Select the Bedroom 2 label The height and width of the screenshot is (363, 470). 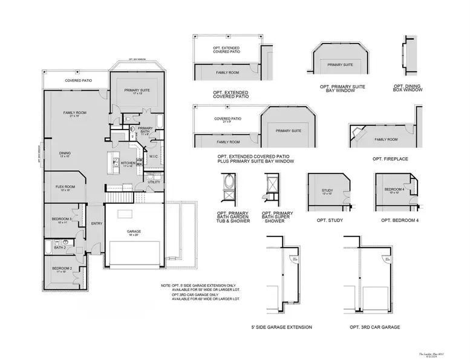(62, 268)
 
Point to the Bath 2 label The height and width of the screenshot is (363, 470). (60, 247)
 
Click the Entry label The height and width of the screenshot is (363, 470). (96, 224)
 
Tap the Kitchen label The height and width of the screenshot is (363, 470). (128, 163)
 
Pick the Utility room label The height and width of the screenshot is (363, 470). (154, 181)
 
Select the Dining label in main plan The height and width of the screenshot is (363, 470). (65, 154)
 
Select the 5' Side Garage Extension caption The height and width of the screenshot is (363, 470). (281, 327)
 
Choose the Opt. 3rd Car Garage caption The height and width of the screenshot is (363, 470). (374, 327)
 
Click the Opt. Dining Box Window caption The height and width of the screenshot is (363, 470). (408, 88)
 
